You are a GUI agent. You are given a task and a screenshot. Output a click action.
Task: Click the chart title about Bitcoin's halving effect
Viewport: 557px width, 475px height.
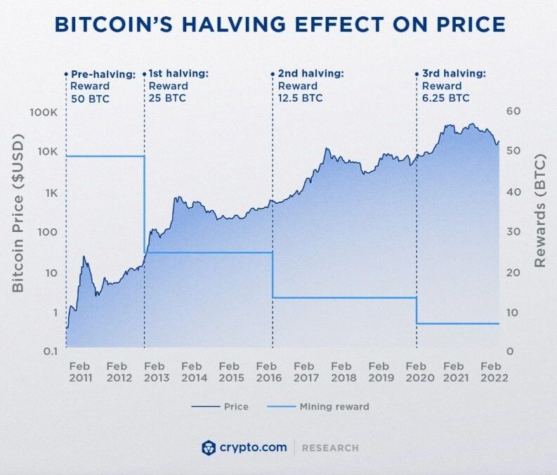point(279,25)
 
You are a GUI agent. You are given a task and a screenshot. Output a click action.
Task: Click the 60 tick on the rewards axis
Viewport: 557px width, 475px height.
point(513,112)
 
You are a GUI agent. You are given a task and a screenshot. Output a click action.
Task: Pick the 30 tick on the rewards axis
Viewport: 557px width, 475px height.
point(513,232)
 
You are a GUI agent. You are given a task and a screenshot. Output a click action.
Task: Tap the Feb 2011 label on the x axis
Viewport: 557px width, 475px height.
point(79,372)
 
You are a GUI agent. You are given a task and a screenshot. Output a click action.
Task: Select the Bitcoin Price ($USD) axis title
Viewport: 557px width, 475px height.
point(18,212)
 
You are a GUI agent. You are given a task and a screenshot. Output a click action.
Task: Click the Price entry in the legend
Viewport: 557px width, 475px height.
point(220,406)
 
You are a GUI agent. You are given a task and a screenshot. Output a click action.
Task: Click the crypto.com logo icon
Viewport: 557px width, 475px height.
point(208,448)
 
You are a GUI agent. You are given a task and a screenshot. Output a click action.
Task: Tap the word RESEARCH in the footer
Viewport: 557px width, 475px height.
point(332,448)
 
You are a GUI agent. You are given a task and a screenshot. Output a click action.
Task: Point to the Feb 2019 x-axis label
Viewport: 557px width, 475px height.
point(379,372)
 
